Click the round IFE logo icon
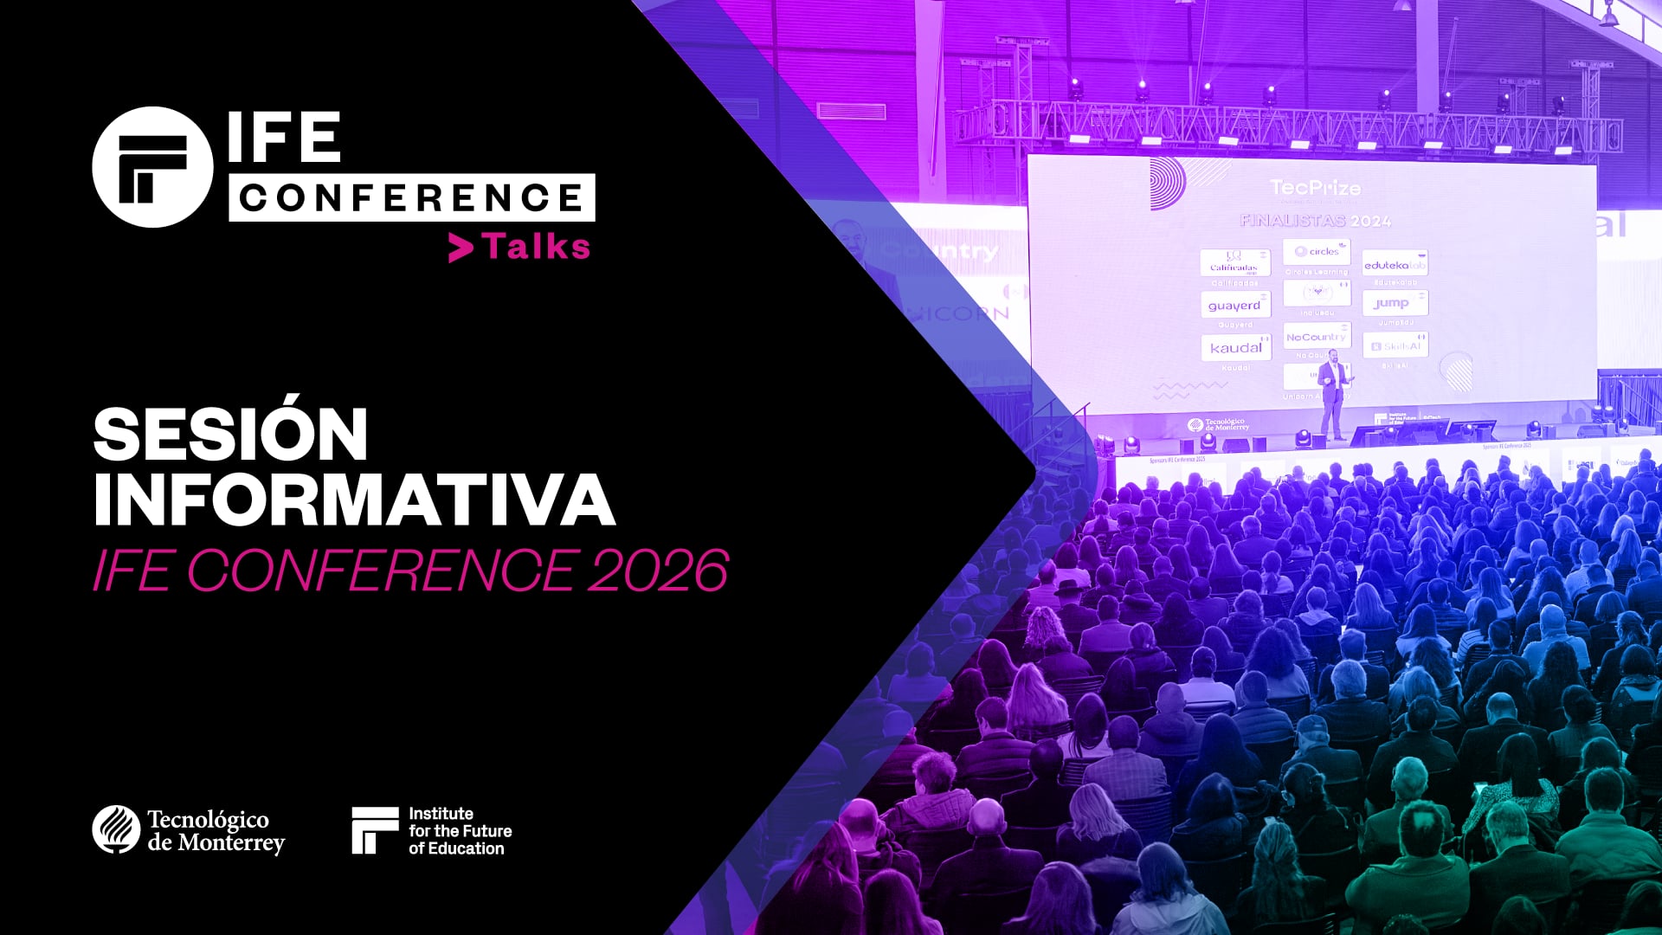click(152, 167)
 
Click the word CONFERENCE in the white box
click(411, 197)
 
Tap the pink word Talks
click(537, 248)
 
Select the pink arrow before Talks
click(461, 248)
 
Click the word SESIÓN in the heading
click(231, 435)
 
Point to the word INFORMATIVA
click(353, 500)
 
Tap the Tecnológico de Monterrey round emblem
click(116, 829)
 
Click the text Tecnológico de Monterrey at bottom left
click(215, 831)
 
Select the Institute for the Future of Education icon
click(374, 830)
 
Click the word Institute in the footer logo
click(441, 814)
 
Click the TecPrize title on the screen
click(1315, 188)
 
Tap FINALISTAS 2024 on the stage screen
click(1315, 221)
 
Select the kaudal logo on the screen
click(1235, 347)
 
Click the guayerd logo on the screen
click(1234, 306)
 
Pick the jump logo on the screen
click(1394, 303)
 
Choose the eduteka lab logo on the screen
click(1395, 264)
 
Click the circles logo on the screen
click(1317, 252)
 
